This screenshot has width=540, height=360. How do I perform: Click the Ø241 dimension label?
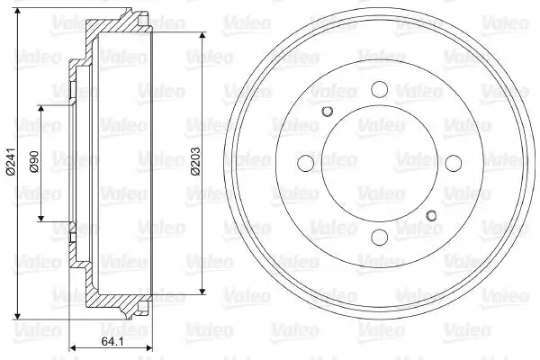12,161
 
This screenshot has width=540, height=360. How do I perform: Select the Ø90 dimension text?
34,161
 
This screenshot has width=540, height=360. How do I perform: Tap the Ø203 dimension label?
195,161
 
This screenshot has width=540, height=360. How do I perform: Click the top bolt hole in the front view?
380,89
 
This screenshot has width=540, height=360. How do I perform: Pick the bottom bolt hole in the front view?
380,238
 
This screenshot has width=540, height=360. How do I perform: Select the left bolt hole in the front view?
305,163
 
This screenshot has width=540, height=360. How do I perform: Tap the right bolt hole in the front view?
454,163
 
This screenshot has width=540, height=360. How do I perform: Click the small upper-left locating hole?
327,111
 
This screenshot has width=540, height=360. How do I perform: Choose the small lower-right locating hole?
431,216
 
